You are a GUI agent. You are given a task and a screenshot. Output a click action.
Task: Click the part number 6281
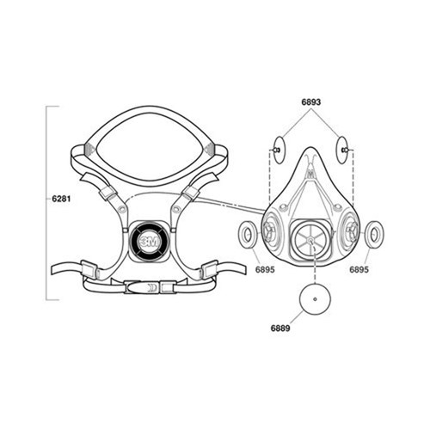(x=61, y=199)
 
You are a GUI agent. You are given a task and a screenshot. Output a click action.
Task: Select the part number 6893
(x=311, y=101)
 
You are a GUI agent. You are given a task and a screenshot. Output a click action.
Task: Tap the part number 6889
(x=280, y=328)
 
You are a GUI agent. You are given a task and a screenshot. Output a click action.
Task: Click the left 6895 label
(x=265, y=269)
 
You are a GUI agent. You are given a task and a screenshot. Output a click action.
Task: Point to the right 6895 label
(x=359, y=269)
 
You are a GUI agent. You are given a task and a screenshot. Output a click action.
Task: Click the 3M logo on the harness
(x=148, y=243)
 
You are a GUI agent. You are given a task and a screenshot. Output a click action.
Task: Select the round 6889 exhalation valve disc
(x=315, y=299)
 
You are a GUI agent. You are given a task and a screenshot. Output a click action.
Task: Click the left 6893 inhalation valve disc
(x=278, y=150)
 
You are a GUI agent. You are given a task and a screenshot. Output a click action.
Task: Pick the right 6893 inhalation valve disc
(x=342, y=150)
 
